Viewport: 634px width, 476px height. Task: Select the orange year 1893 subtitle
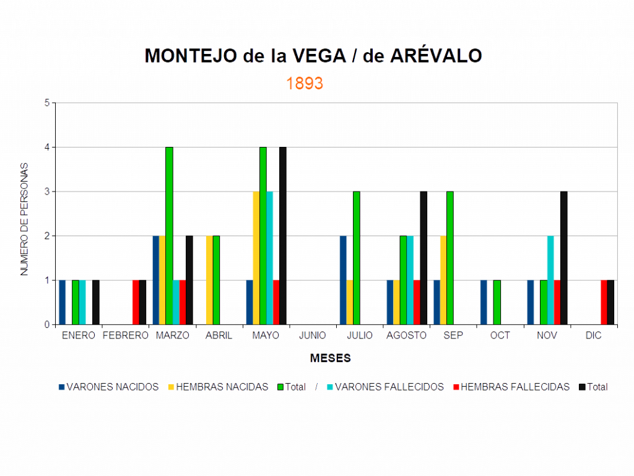tap(305, 84)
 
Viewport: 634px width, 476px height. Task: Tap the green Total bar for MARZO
tap(169, 236)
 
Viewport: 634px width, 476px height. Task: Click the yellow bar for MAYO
tap(256, 258)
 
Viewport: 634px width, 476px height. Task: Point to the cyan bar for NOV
tap(550, 280)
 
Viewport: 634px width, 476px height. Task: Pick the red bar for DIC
tap(604, 302)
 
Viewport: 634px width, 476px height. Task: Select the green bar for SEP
tap(450, 258)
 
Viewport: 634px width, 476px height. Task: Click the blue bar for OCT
tap(484, 302)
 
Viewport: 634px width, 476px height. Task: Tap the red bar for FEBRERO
tap(136, 302)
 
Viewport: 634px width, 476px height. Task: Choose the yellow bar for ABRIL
tap(209, 280)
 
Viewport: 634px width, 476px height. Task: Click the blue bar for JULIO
tap(342, 280)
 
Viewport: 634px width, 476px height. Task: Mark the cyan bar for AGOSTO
tap(410, 280)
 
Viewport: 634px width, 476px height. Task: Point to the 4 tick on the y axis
tap(47, 148)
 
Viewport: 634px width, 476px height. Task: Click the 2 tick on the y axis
tap(47, 236)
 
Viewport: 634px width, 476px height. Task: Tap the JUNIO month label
tap(312, 335)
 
